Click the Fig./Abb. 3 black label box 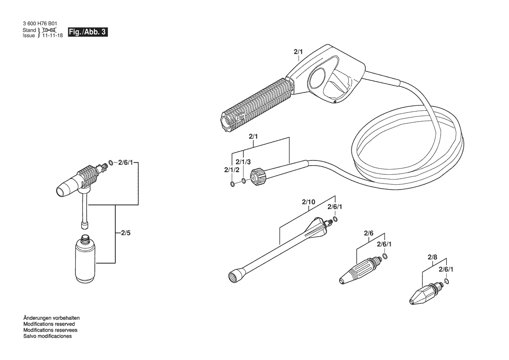click(88, 32)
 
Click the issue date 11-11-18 click(52, 35)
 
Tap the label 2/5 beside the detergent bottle click(126, 233)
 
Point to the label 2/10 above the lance click(308, 202)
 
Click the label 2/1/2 click(232, 170)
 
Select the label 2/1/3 click(243, 162)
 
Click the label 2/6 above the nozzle click(368, 233)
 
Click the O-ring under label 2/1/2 click(233, 184)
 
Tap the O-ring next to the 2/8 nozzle click(447, 281)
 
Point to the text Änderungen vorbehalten click(51, 318)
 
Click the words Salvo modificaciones click(47, 336)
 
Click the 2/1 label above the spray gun click(298, 52)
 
